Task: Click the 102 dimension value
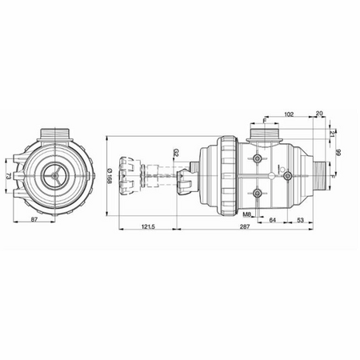click(x=290, y=114)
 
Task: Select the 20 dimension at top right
click(x=320, y=114)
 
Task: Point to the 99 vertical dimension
click(x=338, y=151)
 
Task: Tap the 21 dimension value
click(x=332, y=133)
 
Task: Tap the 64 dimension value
click(x=272, y=218)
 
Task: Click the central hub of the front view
click(x=53, y=170)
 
